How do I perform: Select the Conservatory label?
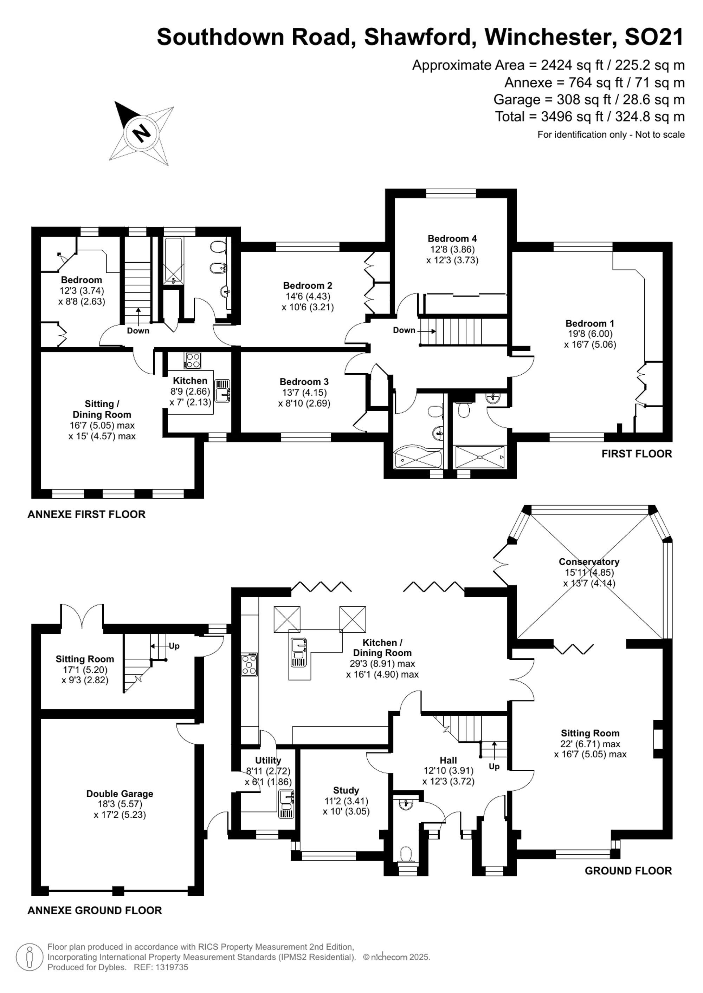pos(589,561)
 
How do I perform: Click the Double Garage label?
pos(120,794)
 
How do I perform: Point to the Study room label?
pos(346,790)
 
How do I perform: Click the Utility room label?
pos(268,760)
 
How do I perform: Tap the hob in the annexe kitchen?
pos(193,361)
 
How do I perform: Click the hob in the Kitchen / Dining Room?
pos(249,664)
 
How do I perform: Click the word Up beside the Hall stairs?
pos(494,767)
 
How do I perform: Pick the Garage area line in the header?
pos(589,99)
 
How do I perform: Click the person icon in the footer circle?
pos(30,957)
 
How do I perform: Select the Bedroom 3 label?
pos(304,381)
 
